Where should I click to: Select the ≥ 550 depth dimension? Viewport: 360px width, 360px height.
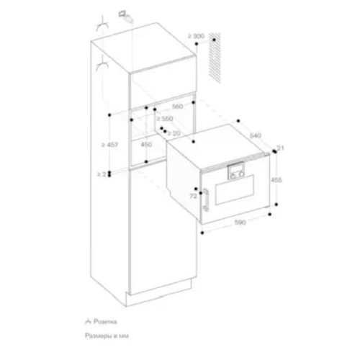[166, 117]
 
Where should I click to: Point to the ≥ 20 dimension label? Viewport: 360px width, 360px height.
[173, 133]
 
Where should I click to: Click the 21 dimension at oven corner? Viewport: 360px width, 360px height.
[280, 148]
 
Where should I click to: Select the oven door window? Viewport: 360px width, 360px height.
[236, 195]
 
